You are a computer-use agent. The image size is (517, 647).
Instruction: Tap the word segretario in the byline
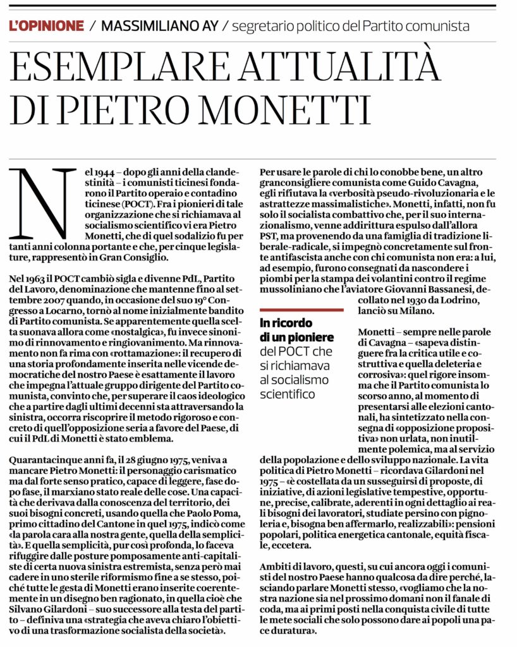(x=260, y=27)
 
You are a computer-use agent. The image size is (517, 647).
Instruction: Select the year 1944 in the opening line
(x=96, y=172)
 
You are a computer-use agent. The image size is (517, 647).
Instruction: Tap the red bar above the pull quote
(x=301, y=310)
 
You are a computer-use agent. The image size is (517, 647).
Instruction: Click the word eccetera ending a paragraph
(x=293, y=545)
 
